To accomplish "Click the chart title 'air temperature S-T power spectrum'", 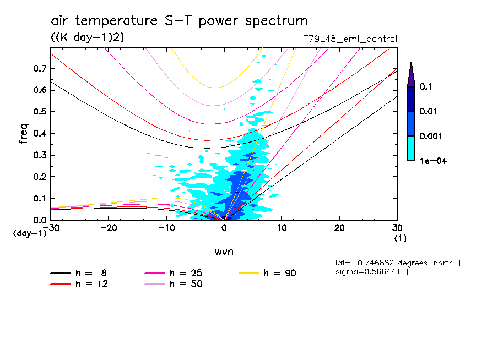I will click(179, 21).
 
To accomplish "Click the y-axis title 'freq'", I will click(24, 134).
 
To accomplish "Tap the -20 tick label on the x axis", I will click(109, 228).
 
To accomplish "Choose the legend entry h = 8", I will click(85, 273).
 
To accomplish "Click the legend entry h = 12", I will click(85, 284).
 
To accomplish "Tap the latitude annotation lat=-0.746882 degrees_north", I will click(394, 263).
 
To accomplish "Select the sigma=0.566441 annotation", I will click(367, 272).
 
